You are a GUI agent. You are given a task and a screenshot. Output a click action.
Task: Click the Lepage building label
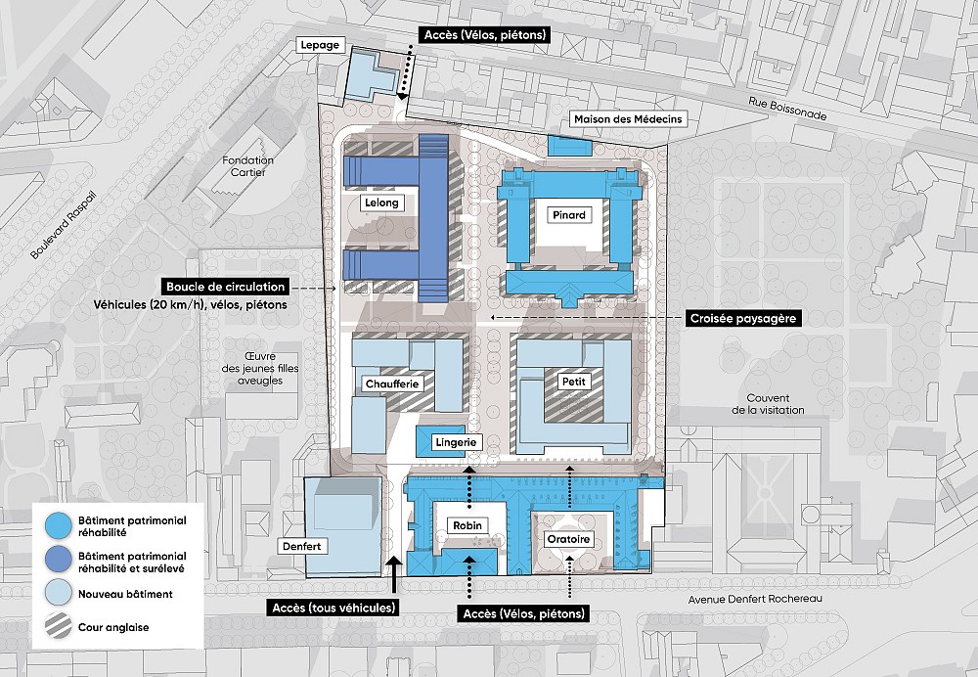[x=320, y=45]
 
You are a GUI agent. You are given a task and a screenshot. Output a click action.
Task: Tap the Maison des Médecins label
[x=628, y=119]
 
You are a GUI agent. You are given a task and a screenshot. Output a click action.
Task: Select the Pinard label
[x=569, y=215]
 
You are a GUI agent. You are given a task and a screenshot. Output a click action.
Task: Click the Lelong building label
[x=381, y=203]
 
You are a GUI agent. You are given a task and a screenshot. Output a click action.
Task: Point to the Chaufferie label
[x=392, y=384]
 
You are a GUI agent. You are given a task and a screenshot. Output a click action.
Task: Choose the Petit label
[x=574, y=382]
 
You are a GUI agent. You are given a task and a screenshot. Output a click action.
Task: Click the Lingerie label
[x=456, y=442]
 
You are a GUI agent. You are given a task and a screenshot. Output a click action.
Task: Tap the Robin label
[x=467, y=525]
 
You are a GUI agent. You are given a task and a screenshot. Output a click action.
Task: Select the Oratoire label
[x=568, y=539]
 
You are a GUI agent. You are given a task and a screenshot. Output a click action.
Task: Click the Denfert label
[x=302, y=547]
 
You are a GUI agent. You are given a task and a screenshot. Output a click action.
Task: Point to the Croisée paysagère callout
[x=743, y=318]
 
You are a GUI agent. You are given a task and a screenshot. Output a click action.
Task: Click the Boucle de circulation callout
[x=225, y=287]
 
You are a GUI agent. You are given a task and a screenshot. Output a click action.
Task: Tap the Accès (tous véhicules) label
[x=334, y=608]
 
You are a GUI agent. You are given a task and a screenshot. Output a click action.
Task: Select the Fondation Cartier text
[x=247, y=166]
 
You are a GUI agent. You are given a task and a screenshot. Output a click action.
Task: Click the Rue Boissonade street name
[x=787, y=109]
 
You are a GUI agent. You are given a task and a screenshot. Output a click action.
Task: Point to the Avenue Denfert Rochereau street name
[x=755, y=599]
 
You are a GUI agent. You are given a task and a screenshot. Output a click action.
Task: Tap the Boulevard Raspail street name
[x=65, y=226]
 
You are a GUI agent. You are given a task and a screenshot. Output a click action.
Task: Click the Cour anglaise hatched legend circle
[x=58, y=627]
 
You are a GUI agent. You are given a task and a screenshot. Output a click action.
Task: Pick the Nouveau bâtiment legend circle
[x=58, y=594]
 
